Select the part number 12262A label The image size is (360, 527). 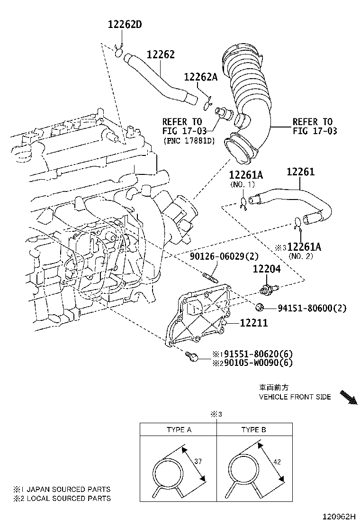(200, 77)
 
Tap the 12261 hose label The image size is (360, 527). (300, 173)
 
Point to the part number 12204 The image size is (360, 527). (266, 269)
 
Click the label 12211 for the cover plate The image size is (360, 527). (254, 323)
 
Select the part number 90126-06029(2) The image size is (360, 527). (224, 256)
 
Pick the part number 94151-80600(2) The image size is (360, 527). (311, 309)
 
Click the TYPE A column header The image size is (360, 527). (179, 430)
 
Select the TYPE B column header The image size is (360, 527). (253, 430)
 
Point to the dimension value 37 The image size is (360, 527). (198, 461)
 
